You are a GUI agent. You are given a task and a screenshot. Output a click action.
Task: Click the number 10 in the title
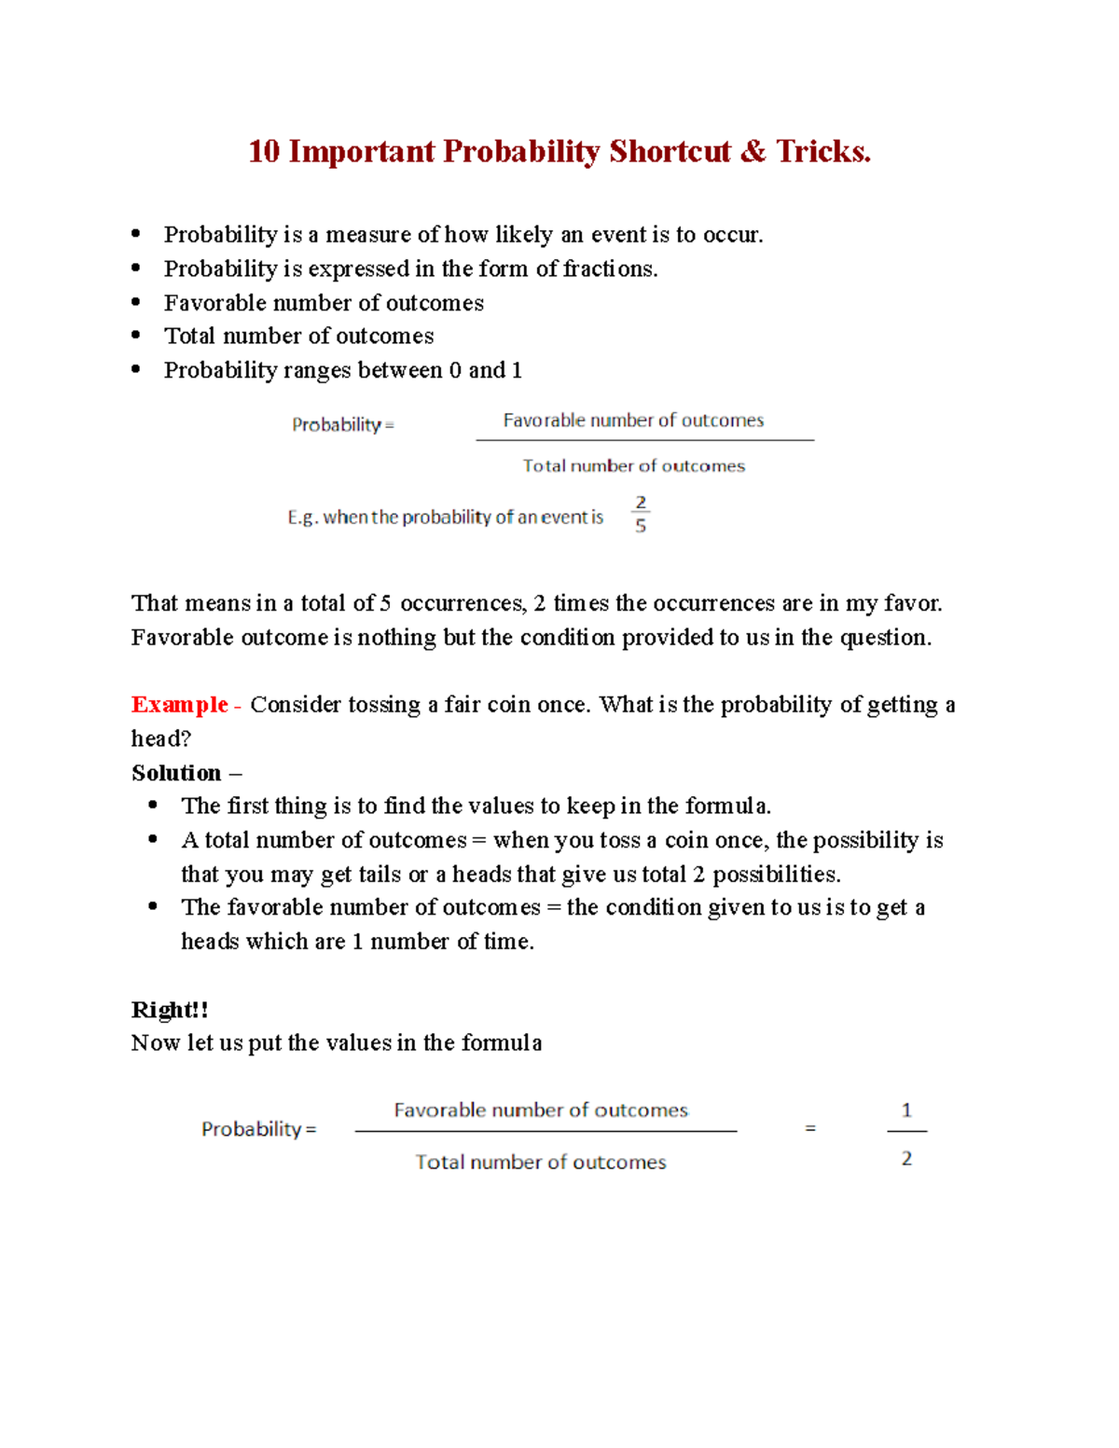(264, 152)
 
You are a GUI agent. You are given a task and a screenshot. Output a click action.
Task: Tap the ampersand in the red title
(753, 152)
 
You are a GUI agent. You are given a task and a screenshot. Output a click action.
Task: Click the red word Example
(180, 705)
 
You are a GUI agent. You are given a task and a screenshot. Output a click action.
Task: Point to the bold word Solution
(176, 773)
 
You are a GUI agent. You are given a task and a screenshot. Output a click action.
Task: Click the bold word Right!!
(170, 1010)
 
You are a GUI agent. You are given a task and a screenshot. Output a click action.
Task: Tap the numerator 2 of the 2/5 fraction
(641, 503)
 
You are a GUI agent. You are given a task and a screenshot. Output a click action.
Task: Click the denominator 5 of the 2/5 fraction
(641, 527)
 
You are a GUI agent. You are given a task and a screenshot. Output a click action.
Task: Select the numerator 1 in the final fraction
(906, 1110)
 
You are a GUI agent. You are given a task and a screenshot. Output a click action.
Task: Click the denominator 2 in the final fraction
(906, 1159)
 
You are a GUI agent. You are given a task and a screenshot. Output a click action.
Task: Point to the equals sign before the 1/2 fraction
(810, 1129)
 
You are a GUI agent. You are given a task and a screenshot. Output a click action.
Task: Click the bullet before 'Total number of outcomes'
(136, 335)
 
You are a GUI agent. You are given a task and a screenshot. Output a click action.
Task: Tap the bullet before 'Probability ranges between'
(136, 369)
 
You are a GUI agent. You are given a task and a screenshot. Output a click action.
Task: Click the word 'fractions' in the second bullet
(610, 269)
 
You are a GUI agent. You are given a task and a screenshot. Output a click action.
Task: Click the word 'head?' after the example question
(161, 738)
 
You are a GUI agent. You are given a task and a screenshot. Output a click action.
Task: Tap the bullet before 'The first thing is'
(153, 805)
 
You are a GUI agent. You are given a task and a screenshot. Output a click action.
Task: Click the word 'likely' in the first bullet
(524, 235)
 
